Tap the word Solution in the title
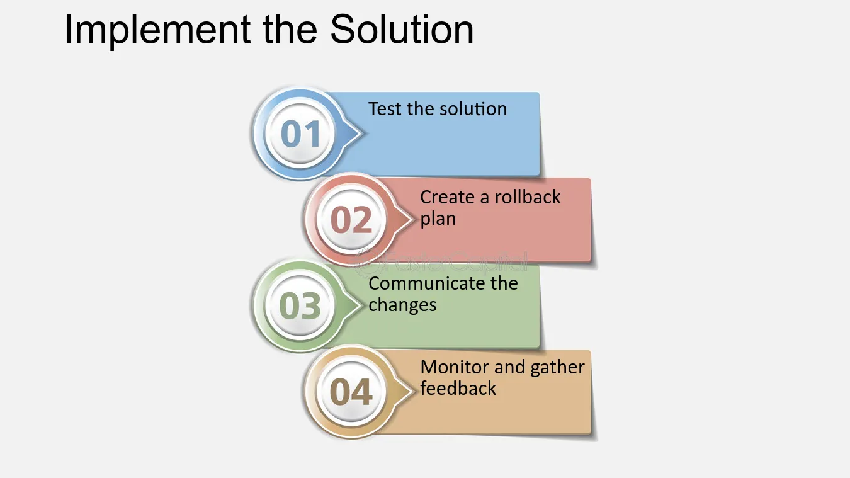(402, 29)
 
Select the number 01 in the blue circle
(301, 134)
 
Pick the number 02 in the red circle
(351, 220)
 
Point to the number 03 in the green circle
(300, 305)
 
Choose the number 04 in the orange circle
(351, 392)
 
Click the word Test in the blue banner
(385, 109)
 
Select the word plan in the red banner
(438, 219)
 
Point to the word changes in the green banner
(402, 305)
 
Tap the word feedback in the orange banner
(458, 389)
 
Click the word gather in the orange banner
(557, 368)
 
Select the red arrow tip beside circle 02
(414, 219)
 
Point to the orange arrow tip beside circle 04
(414, 390)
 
